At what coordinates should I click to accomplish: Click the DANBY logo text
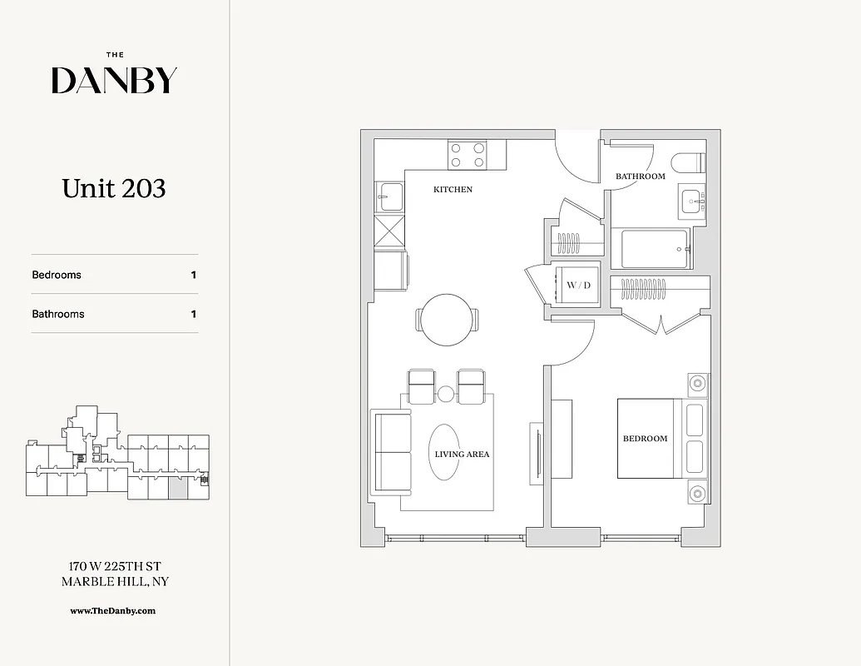pos(114,80)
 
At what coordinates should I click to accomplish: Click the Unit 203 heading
pos(114,189)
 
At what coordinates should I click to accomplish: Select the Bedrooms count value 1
pos(194,275)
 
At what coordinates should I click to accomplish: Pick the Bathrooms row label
pos(58,314)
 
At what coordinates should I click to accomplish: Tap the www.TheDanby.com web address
pos(114,610)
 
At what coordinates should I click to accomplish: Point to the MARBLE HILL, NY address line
pos(114,582)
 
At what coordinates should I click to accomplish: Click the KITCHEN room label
pos(453,190)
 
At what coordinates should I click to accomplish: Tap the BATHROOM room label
pos(640,176)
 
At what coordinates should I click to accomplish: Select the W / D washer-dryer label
pos(578,286)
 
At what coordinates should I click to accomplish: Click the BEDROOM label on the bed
pos(645,439)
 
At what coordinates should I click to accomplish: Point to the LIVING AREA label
pos(462,455)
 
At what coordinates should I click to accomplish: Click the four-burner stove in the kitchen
pos(467,154)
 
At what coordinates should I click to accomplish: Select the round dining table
pos(447,319)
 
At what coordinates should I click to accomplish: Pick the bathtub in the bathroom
pos(656,249)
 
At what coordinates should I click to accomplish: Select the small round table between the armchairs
pos(446,393)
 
